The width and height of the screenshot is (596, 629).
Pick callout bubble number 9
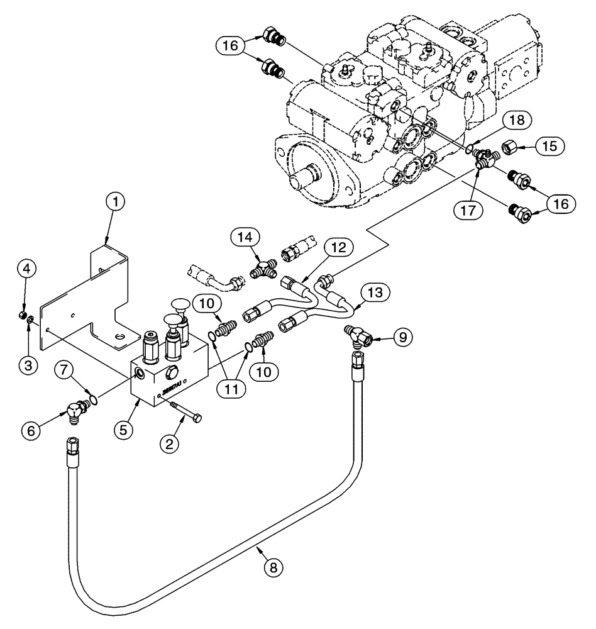pos(403,337)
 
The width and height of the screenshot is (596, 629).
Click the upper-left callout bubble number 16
pos(231,45)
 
